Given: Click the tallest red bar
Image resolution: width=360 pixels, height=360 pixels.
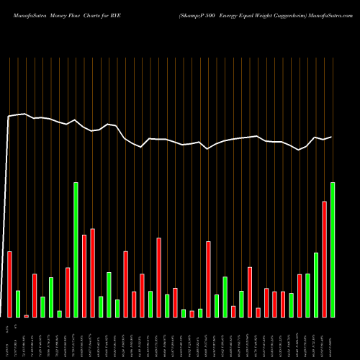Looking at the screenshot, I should (324, 259).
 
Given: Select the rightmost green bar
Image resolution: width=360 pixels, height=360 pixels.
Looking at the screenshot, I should (333, 249).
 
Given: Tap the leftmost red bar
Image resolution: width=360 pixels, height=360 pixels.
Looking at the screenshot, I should (10, 284).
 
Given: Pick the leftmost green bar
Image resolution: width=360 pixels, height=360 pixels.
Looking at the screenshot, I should (18, 303).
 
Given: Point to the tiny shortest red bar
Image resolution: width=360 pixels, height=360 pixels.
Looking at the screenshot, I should (27, 315).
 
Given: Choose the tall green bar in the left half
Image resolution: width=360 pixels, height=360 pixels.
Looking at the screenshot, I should (76, 249).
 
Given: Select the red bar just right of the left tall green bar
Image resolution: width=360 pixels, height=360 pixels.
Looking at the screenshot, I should (84, 276).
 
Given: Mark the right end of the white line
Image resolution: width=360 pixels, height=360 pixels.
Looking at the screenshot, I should (332, 137).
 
